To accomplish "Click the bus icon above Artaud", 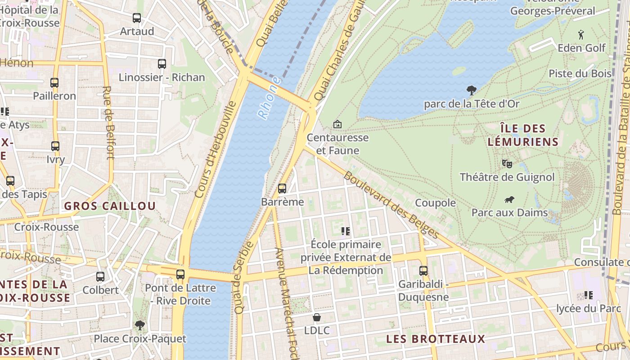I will tap(137, 18).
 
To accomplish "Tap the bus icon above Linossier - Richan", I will tap(162, 64).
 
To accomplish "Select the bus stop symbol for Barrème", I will tap(282, 189).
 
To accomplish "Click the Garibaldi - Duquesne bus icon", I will tap(423, 270).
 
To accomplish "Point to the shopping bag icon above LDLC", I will tap(317, 317).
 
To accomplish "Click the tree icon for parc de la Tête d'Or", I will tap(472, 90).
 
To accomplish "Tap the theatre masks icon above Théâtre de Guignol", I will tap(507, 163).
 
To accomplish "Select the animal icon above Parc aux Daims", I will tap(509, 199).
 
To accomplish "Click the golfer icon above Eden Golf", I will tap(581, 34).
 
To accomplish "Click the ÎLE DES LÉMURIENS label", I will tap(523, 135).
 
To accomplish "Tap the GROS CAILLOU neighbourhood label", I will tap(110, 206).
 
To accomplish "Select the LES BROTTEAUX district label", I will tap(436, 339).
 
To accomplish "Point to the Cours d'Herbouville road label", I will tap(216, 149).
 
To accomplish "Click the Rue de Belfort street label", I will tap(108, 122).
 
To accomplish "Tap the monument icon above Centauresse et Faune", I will tap(337, 124).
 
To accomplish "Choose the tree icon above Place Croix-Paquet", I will tap(140, 325).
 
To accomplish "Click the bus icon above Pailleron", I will tap(54, 83).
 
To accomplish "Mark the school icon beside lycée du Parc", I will tap(588, 295).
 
